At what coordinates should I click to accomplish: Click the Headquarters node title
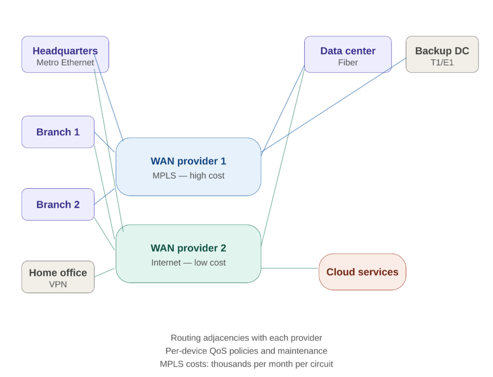click(65, 51)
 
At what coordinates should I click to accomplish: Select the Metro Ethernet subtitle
click(65, 63)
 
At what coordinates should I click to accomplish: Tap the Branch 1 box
click(58, 132)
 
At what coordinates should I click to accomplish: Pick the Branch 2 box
click(58, 205)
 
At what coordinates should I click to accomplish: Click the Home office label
click(58, 273)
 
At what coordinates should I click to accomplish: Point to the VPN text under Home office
click(58, 284)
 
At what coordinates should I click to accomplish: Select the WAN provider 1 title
click(188, 161)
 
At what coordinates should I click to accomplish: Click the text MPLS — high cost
click(188, 175)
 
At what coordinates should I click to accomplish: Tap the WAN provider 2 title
click(188, 248)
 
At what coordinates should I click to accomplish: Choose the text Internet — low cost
click(188, 262)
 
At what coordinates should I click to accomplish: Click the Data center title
click(348, 51)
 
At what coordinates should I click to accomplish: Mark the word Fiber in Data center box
click(348, 63)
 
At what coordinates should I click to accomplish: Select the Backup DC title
click(442, 51)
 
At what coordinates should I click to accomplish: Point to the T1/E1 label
click(442, 63)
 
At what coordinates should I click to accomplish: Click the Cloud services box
click(362, 272)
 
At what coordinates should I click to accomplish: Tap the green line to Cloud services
click(290, 268)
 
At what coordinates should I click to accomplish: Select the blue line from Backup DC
click(337, 103)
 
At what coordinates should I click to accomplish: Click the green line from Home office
click(105, 273)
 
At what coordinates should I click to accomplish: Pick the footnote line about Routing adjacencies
click(246, 338)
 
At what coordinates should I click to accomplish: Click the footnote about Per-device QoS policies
click(246, 351)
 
